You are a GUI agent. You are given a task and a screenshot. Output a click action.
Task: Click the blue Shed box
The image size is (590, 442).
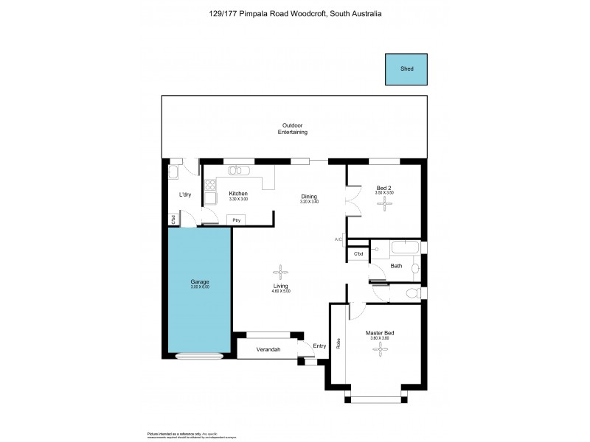point(406,69)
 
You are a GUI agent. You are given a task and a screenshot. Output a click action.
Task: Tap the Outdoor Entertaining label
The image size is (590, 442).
point(292,129)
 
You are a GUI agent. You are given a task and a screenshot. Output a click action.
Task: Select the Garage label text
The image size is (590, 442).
point(200,282)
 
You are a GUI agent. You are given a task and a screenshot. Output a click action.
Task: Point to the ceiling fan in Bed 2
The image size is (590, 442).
point(385,206)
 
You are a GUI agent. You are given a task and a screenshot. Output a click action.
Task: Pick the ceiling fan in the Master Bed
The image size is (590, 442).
point(380,351)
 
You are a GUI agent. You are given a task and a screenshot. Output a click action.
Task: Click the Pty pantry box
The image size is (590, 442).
point(237,220)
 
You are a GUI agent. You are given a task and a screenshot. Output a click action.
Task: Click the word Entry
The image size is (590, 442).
point(319,345)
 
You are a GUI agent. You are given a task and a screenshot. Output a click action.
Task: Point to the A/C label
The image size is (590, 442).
point(339,239)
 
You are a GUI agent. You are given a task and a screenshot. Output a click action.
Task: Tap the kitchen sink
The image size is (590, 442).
point(237,172)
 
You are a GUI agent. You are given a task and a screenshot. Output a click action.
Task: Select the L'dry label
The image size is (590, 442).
point(186,194)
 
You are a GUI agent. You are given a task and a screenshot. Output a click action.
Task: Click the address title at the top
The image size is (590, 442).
point(295,13)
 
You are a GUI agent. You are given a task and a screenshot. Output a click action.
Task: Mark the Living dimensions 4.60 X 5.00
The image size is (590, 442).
point(280,291)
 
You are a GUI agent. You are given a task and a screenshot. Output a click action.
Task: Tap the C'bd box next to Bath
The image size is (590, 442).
point(358,254)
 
